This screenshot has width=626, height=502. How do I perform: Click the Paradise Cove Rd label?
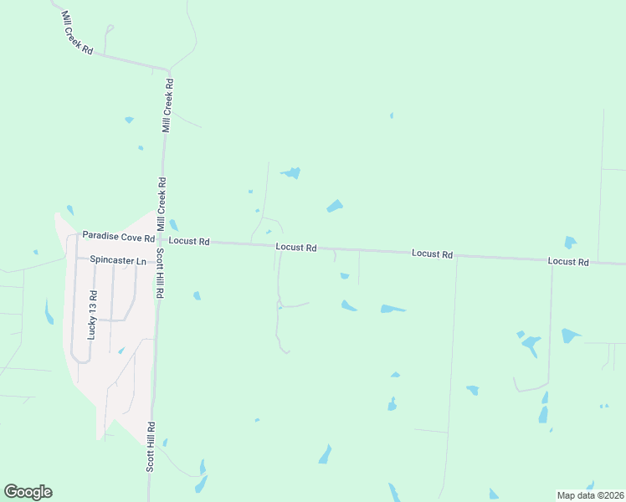point(118,237)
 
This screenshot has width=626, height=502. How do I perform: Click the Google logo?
point(28,492)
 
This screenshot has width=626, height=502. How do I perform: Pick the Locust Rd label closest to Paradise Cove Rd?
point(188,241)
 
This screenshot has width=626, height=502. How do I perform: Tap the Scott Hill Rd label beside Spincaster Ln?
point(159,273)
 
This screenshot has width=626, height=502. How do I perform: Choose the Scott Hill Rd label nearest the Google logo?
point(151,446)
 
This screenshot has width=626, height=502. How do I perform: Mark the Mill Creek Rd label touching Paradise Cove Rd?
point(161,204)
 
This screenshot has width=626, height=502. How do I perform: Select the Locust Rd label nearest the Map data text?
point(568,262)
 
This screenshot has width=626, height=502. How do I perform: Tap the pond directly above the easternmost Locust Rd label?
point(570,243)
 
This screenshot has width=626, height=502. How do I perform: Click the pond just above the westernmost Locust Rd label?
point(173,225)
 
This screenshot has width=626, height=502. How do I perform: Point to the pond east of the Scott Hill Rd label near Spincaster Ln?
point(197,295)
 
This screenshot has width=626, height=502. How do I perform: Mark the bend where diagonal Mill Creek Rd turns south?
point(169,69)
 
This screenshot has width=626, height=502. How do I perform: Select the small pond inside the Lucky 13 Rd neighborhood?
point(121,351)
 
